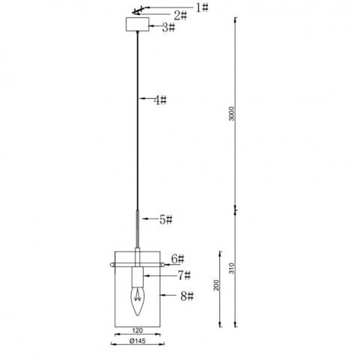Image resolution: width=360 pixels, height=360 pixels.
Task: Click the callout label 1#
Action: click(202, 7)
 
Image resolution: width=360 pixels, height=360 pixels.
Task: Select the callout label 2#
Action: click(180, 16)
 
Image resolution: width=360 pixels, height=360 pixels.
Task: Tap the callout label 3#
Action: click(168, 27)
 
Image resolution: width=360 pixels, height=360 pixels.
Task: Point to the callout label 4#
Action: click(160, 100)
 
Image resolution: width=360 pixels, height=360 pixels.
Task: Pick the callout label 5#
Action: click(166, 219)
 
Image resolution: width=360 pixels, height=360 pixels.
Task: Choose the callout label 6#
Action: click(177, 259)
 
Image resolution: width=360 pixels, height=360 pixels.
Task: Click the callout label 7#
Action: click(184, 275)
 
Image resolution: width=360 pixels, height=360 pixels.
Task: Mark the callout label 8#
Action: click(187, 296)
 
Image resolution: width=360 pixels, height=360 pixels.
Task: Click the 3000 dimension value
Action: click(232, 114)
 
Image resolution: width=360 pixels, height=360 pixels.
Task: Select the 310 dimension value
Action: click(232, 268)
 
